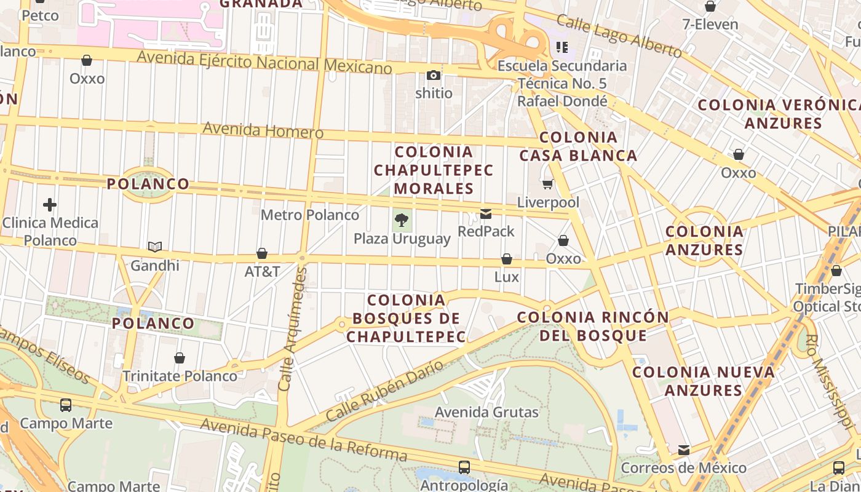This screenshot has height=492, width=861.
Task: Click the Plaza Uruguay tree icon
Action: (402, 220)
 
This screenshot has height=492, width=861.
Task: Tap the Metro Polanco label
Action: (310, 215)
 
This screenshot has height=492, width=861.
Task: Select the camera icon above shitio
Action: (434, 75)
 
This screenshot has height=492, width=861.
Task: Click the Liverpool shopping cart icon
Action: (547, 183)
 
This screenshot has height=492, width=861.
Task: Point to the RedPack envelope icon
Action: (486, 213)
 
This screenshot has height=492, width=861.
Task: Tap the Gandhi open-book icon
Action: (155, 247)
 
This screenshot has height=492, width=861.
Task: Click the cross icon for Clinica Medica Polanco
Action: (50, 204)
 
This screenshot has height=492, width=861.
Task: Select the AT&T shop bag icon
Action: (262, 253)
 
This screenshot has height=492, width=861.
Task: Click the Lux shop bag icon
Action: (507, 259)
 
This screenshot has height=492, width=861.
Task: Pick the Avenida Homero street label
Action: (263, 130)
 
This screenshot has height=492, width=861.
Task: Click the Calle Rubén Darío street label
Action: (384, 391)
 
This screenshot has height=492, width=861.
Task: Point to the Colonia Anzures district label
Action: (704, 240)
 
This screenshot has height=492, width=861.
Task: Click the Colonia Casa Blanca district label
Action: (578, 146)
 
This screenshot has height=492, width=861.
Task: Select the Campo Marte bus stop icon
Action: (66, 405)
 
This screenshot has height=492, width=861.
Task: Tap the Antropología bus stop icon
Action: (464, 467)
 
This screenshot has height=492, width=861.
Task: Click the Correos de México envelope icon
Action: (684, 450)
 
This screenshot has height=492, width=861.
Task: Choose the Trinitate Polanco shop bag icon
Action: (180, 358)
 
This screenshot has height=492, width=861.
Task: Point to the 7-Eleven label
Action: (710, 25)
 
